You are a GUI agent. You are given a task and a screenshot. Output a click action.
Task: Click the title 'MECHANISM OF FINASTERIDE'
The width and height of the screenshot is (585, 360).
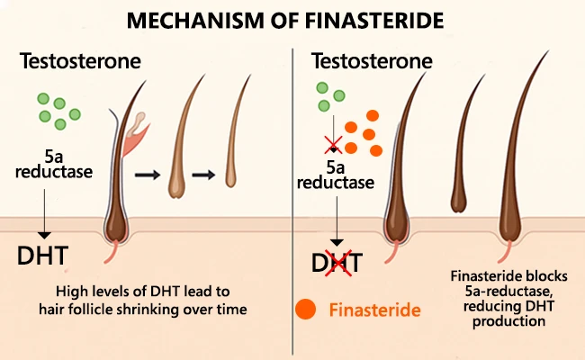[292, 20]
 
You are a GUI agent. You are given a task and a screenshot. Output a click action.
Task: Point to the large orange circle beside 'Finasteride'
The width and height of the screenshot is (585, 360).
[306, 310]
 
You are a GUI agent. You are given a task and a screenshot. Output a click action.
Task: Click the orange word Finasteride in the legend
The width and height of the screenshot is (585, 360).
[374, 311]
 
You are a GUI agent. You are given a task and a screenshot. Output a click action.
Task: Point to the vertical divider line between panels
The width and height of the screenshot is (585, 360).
[293, 198]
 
